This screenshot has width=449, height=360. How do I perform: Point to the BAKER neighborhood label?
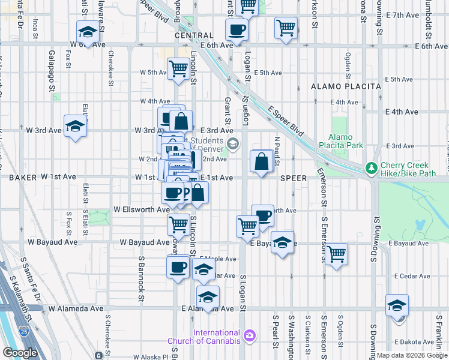[23, 177]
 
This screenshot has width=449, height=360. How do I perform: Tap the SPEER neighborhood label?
[294, 178]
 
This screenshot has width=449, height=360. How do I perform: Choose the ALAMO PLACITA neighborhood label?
[346, 86]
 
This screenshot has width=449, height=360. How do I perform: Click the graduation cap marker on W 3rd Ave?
[76, 127]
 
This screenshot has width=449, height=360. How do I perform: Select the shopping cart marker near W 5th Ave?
[178, 69]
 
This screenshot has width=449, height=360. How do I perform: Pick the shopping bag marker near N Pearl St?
[262, 161]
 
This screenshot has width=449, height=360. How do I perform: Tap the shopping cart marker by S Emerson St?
[337, 253]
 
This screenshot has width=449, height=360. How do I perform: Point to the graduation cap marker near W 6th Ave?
[88, 32]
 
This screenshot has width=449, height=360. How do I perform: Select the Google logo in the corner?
[20, 353]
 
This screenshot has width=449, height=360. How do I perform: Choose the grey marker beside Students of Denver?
[233, 143]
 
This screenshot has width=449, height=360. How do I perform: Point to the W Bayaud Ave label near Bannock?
[145, 242]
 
